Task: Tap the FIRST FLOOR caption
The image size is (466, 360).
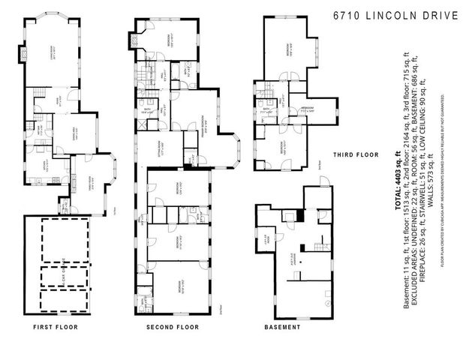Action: tap(56, 327)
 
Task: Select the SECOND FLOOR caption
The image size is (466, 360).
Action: tap(172, 327)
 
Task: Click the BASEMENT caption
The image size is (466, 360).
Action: tap(282, 327)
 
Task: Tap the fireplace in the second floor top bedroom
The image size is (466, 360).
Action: tap(136, 40)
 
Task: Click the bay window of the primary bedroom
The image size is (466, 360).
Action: tap(231, 149)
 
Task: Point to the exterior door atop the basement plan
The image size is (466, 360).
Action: tap(323, 181)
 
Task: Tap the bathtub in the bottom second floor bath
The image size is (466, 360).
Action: tap(142, 303)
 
